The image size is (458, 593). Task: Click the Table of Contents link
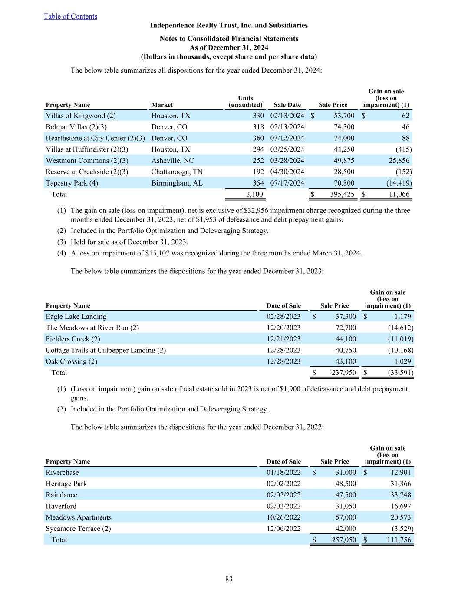point(70,17)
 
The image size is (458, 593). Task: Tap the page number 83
point(229,579)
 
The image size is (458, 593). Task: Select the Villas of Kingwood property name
point(80,116)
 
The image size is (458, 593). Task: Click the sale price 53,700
point(344,116)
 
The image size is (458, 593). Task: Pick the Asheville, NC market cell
point(172,161)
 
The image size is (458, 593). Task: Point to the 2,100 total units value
point(254,194)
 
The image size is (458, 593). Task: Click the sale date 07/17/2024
point(287,183)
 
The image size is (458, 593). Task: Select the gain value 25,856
point(397,161)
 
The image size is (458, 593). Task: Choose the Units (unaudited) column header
point(245,101)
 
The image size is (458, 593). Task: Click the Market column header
point(162,105)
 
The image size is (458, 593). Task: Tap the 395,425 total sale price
point(342,194)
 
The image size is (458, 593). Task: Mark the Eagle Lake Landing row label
point(76,317)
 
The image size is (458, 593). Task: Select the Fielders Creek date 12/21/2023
point(283,339)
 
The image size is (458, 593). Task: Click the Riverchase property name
point(63,473)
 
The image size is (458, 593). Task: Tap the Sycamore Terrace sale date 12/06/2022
point(283,529)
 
